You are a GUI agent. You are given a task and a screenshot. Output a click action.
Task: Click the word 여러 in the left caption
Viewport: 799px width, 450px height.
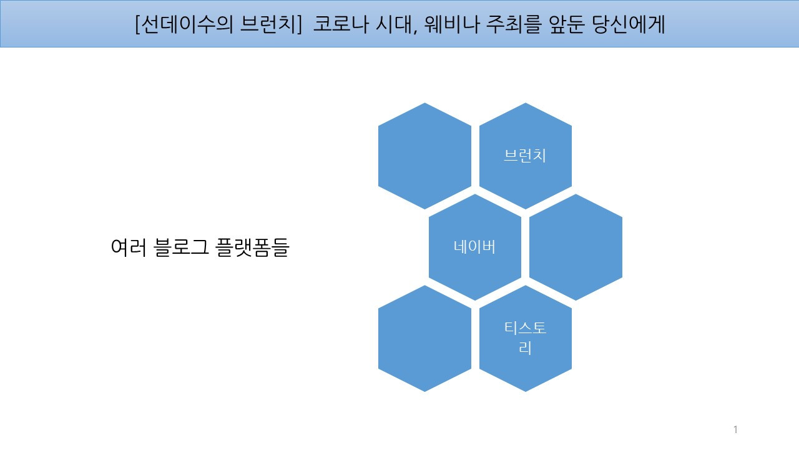129,248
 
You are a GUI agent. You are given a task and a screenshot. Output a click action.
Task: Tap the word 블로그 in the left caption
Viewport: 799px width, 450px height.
179,248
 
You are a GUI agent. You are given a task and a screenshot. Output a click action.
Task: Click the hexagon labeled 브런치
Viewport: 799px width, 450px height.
525,156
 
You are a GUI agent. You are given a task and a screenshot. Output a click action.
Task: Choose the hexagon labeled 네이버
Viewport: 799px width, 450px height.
474,247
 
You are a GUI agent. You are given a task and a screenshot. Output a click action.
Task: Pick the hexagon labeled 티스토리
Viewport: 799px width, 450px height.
525,338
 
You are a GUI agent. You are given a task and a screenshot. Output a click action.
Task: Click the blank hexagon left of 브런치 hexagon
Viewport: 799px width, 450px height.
424,156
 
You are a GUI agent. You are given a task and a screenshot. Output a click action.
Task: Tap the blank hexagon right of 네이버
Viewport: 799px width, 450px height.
575,247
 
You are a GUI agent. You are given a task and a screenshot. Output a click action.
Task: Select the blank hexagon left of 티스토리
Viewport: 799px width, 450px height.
424,338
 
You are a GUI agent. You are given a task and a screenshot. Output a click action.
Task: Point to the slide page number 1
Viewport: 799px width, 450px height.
735,429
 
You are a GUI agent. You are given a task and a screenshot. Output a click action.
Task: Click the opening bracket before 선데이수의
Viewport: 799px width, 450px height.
137,24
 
